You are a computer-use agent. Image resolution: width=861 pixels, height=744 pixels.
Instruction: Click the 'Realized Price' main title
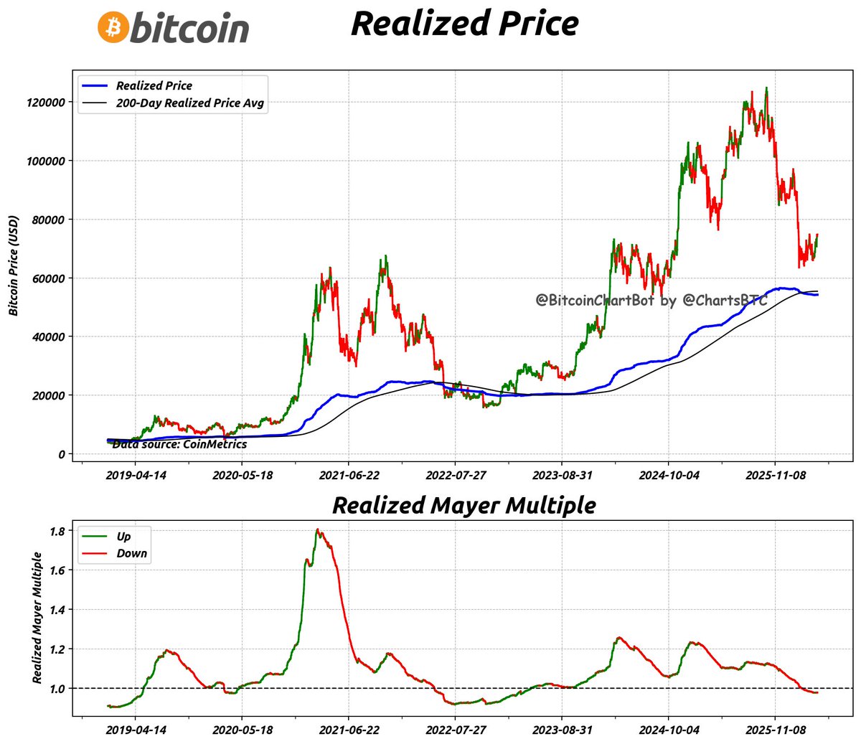464,23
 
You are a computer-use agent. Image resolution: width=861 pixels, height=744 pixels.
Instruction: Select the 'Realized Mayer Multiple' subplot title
464,505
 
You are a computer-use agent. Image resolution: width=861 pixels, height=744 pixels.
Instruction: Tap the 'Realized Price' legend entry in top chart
154,85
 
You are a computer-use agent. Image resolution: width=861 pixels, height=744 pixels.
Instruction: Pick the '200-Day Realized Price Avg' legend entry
189,103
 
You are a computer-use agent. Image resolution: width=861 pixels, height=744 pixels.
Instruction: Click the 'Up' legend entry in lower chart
123,536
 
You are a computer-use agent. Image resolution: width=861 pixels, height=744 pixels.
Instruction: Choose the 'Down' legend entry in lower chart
131,553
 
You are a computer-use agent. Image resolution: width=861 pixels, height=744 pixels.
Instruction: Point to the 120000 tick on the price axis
46,103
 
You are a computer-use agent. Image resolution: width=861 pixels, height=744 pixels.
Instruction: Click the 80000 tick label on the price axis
49,220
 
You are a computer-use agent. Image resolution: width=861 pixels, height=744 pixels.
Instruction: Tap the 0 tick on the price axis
62,454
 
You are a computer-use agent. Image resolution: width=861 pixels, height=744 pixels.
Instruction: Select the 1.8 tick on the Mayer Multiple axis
57,531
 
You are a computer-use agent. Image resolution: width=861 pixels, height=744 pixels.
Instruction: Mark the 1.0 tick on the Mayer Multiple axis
57,689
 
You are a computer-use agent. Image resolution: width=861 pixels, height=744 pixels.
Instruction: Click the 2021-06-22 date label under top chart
349,476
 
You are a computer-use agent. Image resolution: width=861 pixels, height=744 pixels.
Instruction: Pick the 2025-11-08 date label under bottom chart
775,730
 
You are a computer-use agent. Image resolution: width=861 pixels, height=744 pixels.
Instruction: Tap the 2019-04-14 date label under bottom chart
136,730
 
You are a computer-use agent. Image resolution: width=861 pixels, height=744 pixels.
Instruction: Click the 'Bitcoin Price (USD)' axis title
14,265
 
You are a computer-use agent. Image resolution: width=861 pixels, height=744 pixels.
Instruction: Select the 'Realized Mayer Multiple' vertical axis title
37,618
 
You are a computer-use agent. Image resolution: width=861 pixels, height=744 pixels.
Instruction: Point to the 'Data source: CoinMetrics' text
179,444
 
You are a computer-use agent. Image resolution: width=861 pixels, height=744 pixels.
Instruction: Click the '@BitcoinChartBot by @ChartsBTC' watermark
651,300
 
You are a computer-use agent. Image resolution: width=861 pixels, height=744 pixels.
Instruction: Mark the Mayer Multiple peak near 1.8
318,530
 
